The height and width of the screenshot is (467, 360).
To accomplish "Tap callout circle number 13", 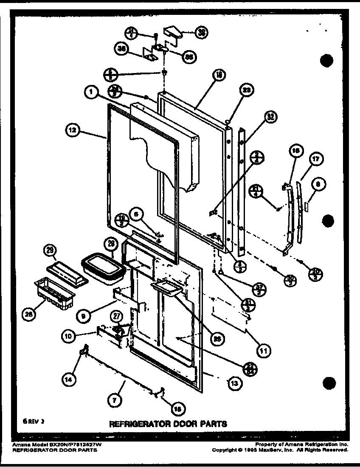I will pos(234,383).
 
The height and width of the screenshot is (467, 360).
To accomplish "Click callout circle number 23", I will pos(246,90).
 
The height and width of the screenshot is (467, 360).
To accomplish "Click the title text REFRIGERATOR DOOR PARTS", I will pos(169,423).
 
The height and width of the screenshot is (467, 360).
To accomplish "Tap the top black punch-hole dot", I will pos(326,61).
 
